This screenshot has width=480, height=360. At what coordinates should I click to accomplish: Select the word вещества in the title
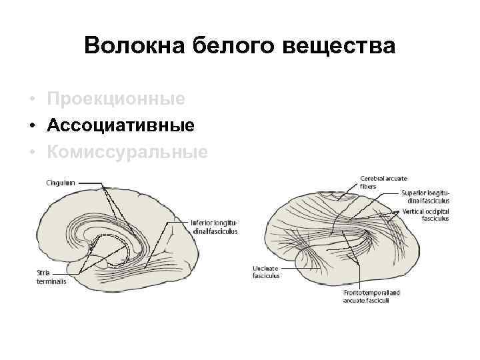pyautogui.click(x=339, y=46)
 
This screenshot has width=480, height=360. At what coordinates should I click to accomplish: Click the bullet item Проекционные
pyautogui.click(x=116, y=99)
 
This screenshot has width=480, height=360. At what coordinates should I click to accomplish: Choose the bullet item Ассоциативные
pyautogui.click(x=121, y=125)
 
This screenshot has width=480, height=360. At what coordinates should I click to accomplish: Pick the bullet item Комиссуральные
pyautogui.click(x=127, y=152)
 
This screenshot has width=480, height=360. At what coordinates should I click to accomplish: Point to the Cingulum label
pyautogui.click(x=60, y=181)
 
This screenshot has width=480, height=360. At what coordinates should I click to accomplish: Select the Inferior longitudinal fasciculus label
pyautogui.click(x=214, y=227)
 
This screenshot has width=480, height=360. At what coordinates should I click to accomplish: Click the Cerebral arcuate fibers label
pyautogui.click(x=383, y=182)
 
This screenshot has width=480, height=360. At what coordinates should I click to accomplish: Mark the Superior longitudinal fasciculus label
pyautogui.click(x=425, y=197)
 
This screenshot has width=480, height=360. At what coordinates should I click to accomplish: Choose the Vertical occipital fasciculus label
pyautogui.click(x=425, y=215)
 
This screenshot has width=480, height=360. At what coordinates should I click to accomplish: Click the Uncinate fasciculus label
pyautogui.click(x=266, y=271)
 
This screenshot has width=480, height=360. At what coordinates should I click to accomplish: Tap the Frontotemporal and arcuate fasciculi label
pyautogui.click(x=372, y=296)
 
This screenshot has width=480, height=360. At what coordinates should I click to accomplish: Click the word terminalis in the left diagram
pyautogui.click(x=51, y=281)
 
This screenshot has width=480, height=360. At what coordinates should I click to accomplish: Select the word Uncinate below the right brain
pyautogui.click(x=265, y=268)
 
